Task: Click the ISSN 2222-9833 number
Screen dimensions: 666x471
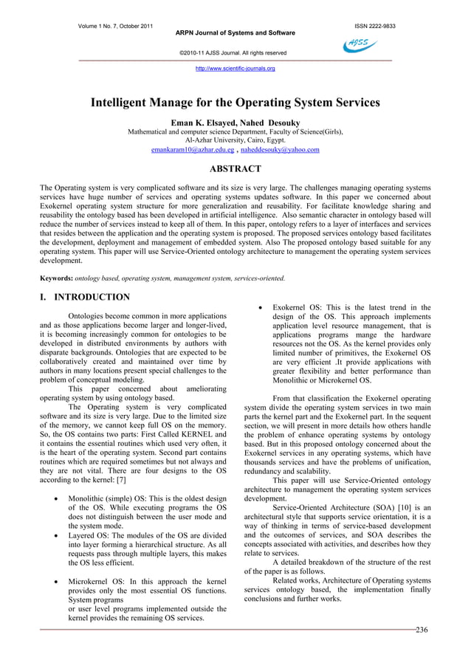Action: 375,27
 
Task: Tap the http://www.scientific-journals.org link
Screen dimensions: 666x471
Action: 235,69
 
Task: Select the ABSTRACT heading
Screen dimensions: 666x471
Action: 235,169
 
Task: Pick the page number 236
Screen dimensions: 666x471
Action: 422,630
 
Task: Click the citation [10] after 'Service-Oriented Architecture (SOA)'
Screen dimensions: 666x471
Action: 402,508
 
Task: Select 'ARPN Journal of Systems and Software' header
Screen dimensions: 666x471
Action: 235,33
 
